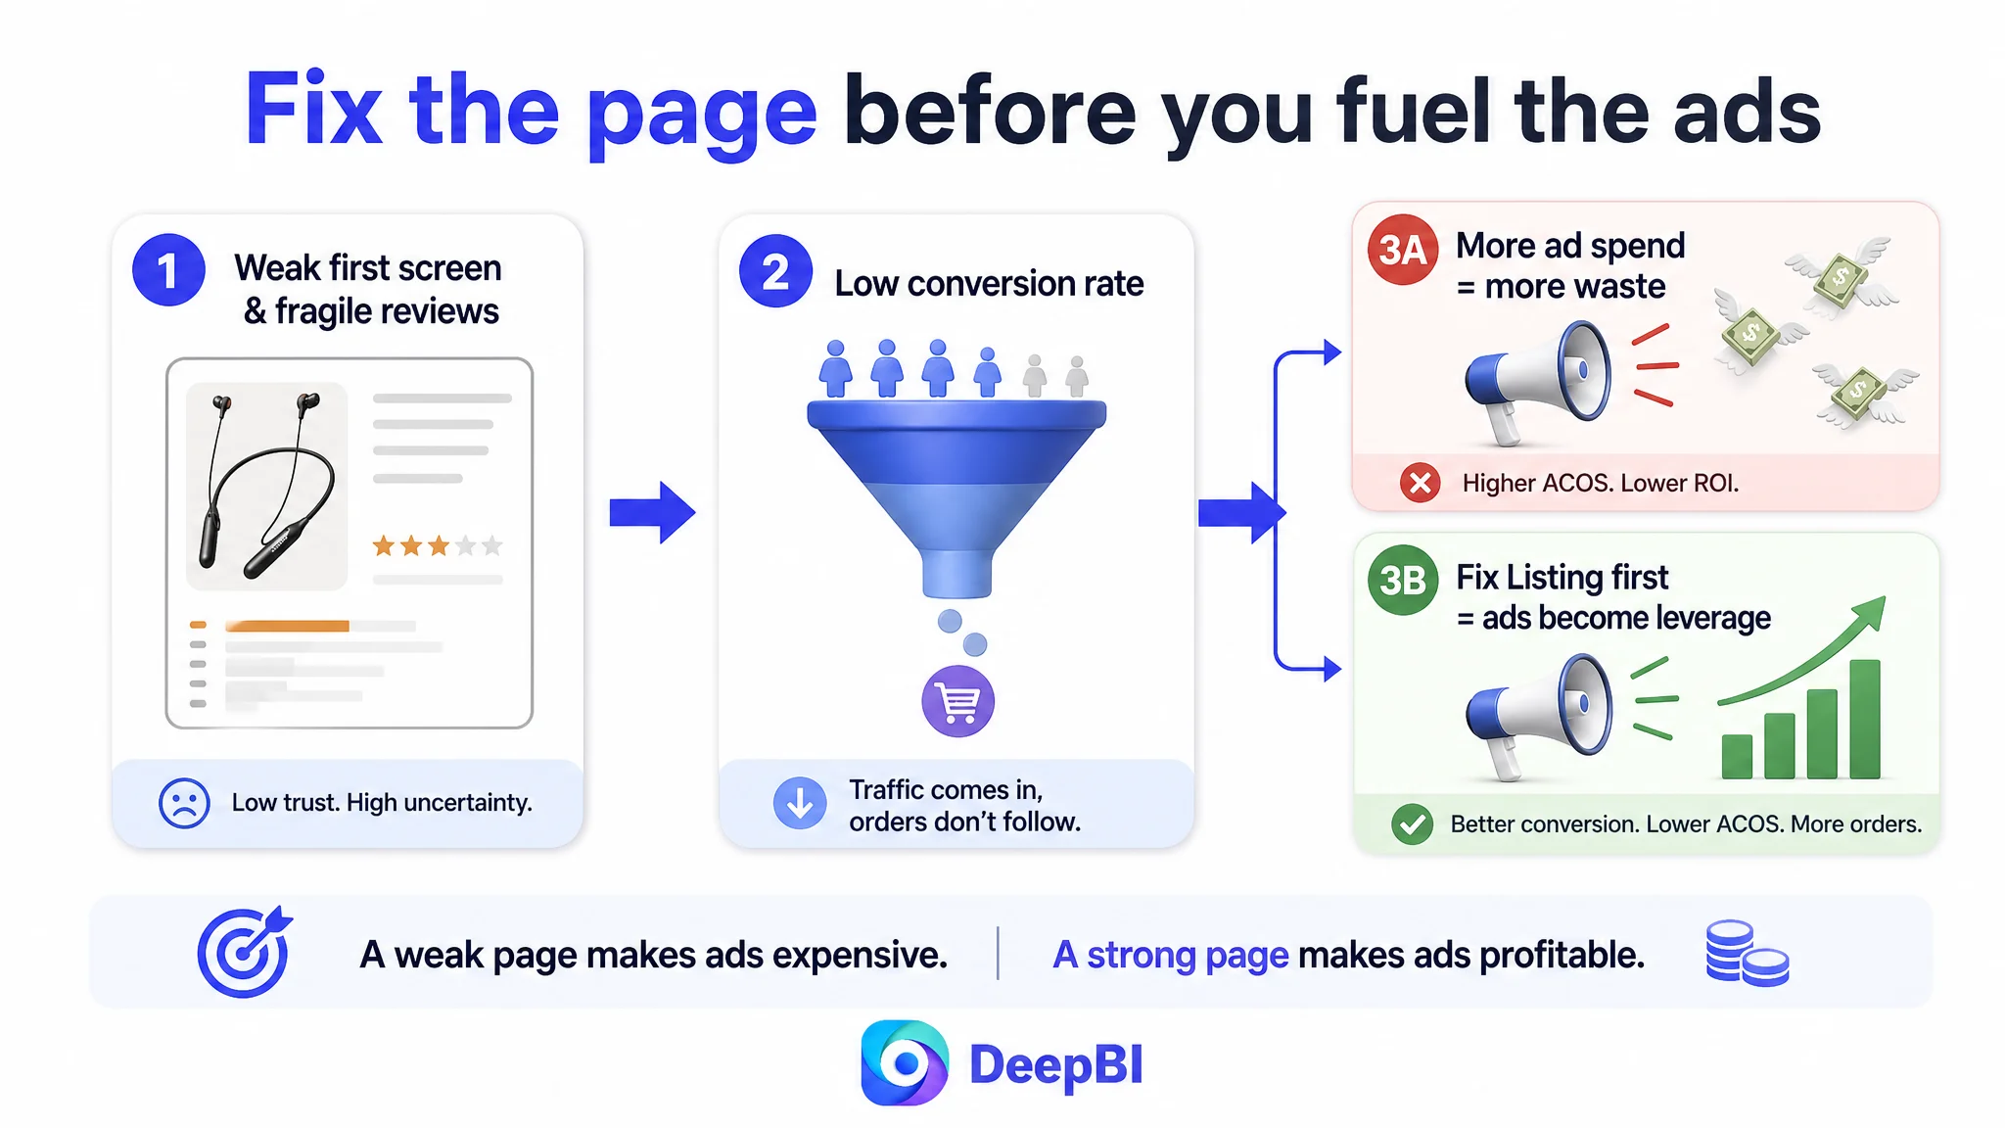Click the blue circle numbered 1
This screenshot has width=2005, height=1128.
click(x=168, y=270)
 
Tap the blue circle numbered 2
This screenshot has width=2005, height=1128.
click(x=775, y=271)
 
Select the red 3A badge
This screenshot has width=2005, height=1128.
click(x=1403, y=250)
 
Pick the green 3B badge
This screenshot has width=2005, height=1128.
click(x=1403, y=580)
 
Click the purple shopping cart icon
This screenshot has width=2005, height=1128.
click(x=957, y=701)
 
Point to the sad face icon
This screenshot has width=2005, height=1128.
click(x=184, y=803)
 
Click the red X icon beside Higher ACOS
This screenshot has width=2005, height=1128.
click(x=1420, y=483)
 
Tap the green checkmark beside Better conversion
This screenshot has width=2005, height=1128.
click(x=1412, y=824)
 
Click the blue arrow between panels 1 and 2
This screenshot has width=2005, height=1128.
click(x=652, y=512)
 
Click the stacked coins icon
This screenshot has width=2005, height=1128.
click(x=1747, y=953)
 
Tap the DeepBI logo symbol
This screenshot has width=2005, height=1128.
click(x=905, y=1063)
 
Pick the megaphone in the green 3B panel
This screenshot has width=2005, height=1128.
click(x=1538, y=716)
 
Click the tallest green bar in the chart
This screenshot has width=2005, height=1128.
click(x=1865, y=720)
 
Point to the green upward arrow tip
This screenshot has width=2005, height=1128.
click(x=1885, y=597)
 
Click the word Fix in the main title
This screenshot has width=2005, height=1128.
click(x=312, y=109)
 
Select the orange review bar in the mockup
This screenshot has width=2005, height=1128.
click(x=287, y=626)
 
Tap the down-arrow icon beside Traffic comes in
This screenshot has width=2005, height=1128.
click(x=800, y=804)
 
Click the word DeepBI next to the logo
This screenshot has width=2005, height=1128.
click(x=1056, y=1065)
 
